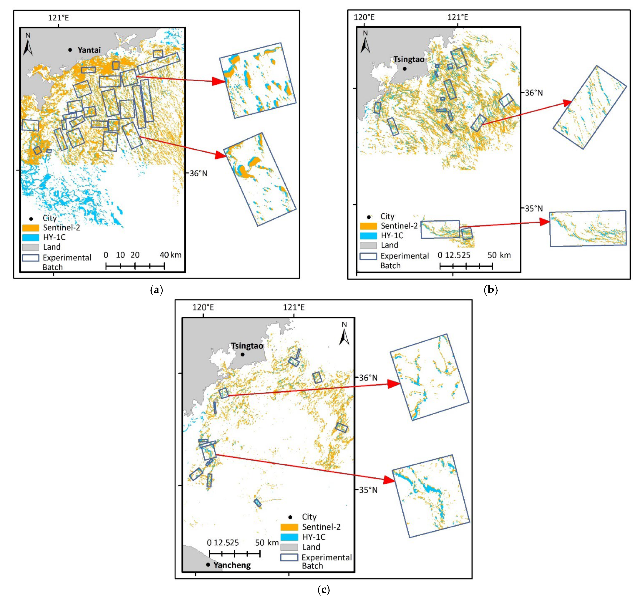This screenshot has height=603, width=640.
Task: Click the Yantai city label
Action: pyautogui.click(x=89, y=50)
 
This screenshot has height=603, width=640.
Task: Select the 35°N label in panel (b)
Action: pyautogui.click(x=534, y=209)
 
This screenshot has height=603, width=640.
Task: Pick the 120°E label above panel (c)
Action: pyautogui.click(x=203, y=307)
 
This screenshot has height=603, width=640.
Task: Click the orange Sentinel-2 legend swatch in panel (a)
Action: pyautogui.click(x=31, y=228)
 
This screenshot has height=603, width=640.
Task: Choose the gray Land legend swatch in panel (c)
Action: pyautogui.click(x=289, y=547)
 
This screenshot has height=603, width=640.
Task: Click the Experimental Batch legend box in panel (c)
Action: pyautogui.click(x=289, y=557)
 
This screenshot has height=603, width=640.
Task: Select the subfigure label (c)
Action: pyautogui.click(x=324, y=590)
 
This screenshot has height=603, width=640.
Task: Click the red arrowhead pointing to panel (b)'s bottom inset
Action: pyautogui.click(x=545, y=222)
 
